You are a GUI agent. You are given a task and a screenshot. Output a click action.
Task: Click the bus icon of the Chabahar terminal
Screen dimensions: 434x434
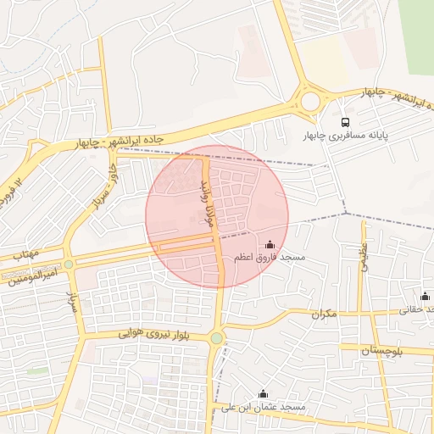tap(344, 122)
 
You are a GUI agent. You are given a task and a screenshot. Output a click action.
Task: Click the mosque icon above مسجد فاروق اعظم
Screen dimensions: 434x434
tap(270, 245)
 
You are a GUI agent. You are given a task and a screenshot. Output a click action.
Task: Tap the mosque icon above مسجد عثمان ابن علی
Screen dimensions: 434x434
tap(263, 394)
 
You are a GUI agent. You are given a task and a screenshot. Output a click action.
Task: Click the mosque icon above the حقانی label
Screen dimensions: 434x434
tap(425, 297)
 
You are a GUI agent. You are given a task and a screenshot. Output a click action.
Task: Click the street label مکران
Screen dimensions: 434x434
tap(324, 314)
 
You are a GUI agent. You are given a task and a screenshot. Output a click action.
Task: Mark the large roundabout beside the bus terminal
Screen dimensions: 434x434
tap(311, 102)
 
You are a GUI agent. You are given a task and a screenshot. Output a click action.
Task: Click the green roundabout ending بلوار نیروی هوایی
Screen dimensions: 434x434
tap(217, 338)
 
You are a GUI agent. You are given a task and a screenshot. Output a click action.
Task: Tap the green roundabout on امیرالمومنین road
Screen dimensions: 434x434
tap(69, 264)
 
